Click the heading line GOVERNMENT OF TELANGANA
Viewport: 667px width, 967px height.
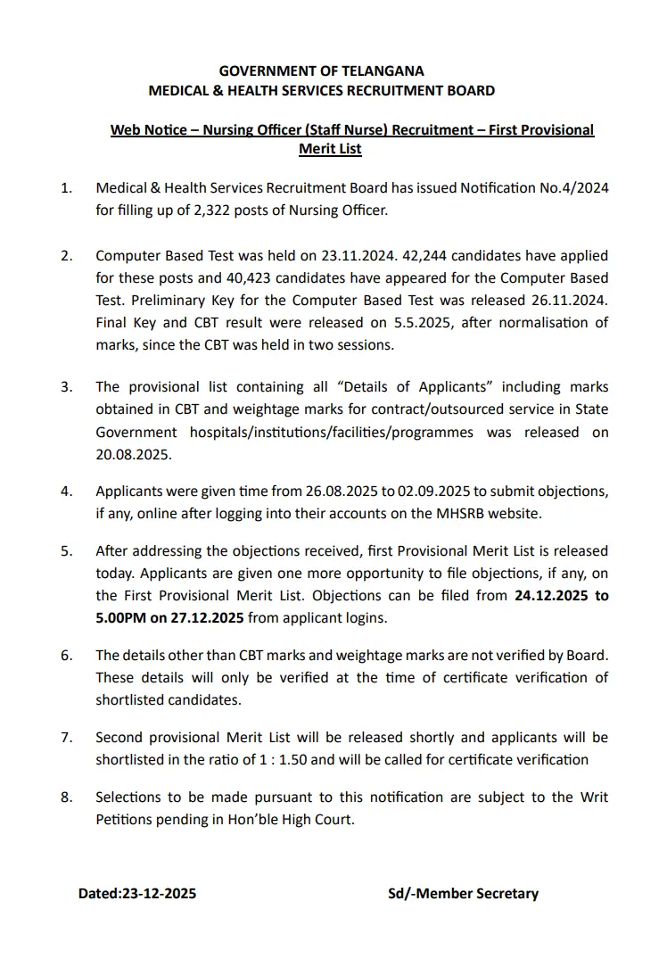point(321,71)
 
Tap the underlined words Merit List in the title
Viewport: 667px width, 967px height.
point(330,149)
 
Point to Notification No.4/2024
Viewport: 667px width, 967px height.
point(534,188)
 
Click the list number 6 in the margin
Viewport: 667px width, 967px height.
point(65,656)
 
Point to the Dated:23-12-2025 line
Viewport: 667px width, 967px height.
point(137,893)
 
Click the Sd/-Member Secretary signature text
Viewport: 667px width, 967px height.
point(463,893)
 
